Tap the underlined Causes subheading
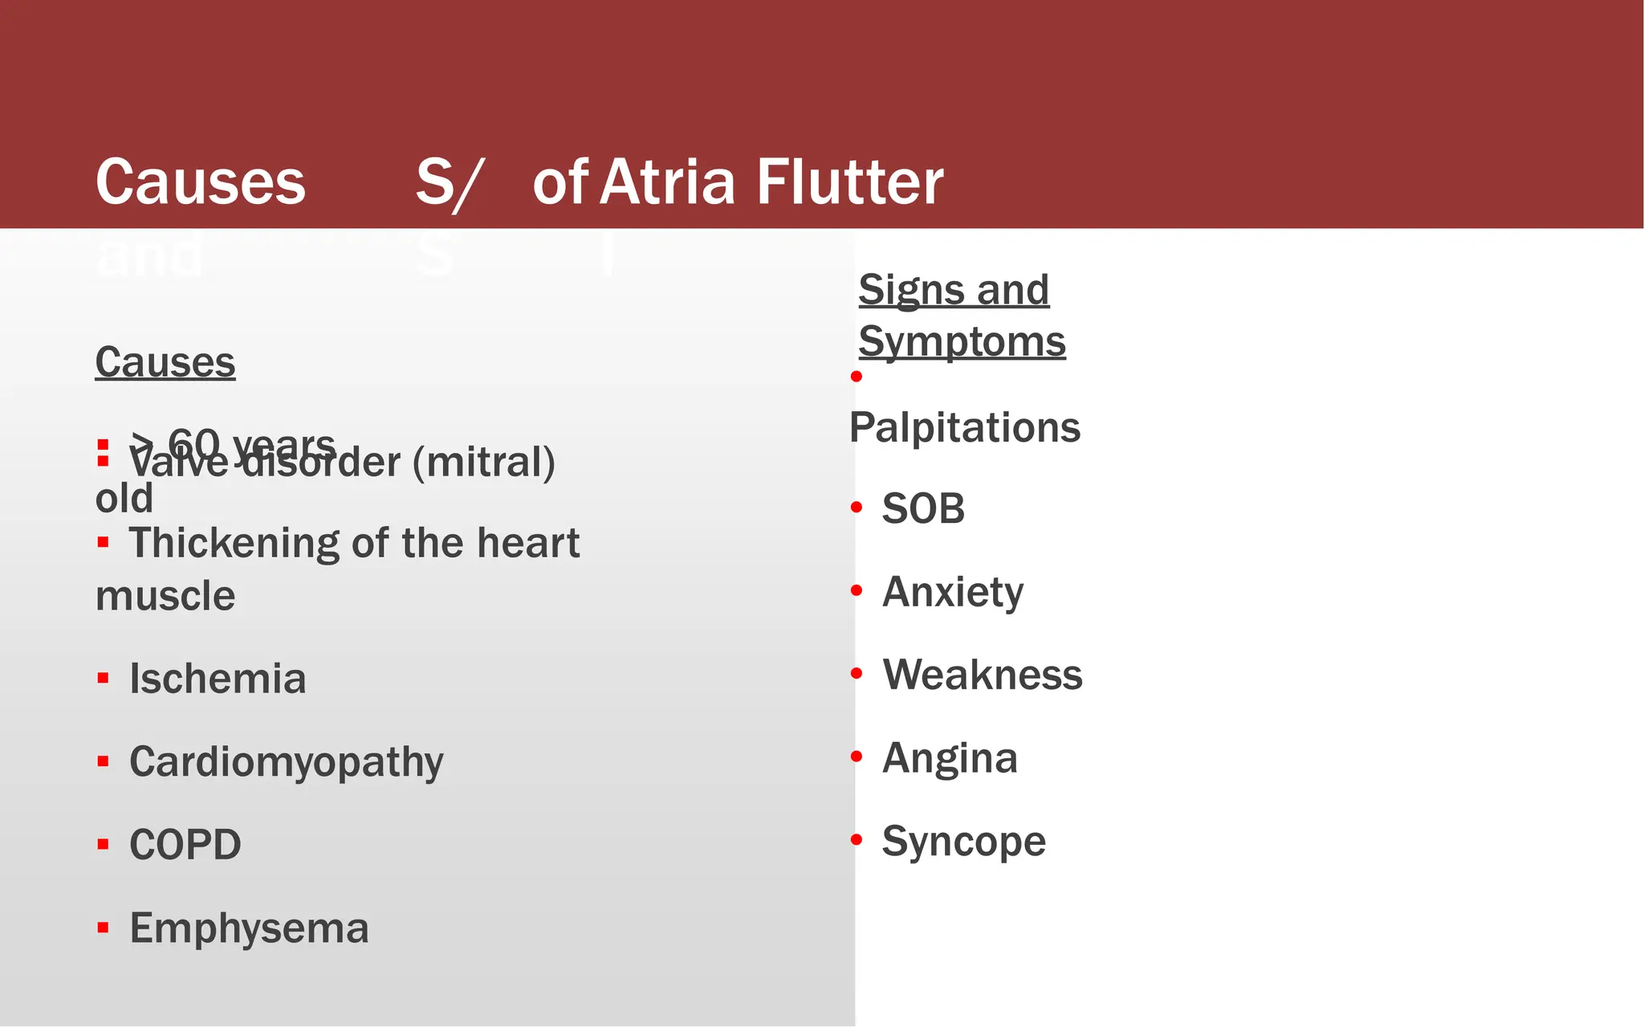165,362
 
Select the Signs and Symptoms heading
962,316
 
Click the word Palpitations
965,427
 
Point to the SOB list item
923,508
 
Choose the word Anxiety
953,592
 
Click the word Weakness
983,675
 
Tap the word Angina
950,758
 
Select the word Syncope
964,842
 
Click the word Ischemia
218,679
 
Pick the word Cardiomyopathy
286,762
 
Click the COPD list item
185,845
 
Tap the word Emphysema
249,928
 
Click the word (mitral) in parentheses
483,463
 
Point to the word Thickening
234,543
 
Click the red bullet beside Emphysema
103,928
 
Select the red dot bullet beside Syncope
857,840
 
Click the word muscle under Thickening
165,596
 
